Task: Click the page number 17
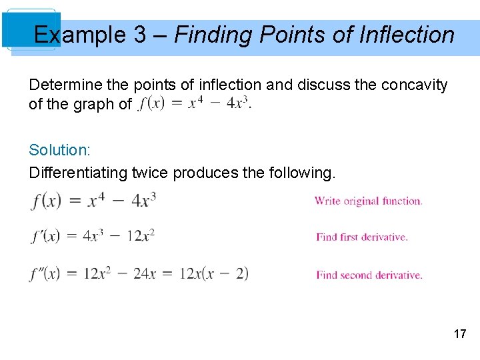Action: [460, 334]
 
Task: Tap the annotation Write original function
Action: [368, 201]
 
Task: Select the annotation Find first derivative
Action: [361, 237]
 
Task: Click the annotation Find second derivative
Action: [369, 275]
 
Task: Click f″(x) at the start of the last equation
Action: [45, 273]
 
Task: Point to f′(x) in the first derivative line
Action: [45, 236]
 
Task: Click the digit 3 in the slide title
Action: [140, 35]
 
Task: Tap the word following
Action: [302, 173]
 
